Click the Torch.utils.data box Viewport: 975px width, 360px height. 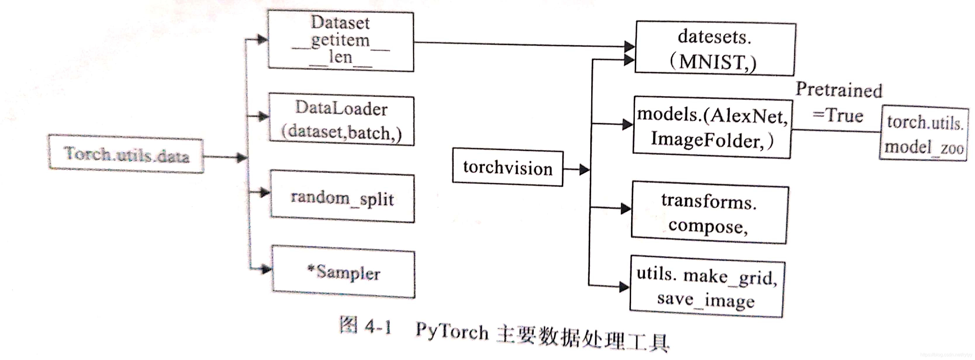tap(126, 154)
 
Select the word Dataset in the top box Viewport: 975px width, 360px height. tap(340, 23)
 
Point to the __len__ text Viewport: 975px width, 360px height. tap(341, 58)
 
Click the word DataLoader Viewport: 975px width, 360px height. tap(341, 109)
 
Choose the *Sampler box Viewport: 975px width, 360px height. tap(343, 273)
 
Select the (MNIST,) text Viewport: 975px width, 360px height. tap(713, 62)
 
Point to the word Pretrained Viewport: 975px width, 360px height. tap(838, 90)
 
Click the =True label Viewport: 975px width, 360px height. tap(838, 115)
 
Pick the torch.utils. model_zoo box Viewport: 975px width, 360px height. tap(924, 134)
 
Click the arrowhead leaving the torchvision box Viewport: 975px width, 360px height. tap(584, 169)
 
